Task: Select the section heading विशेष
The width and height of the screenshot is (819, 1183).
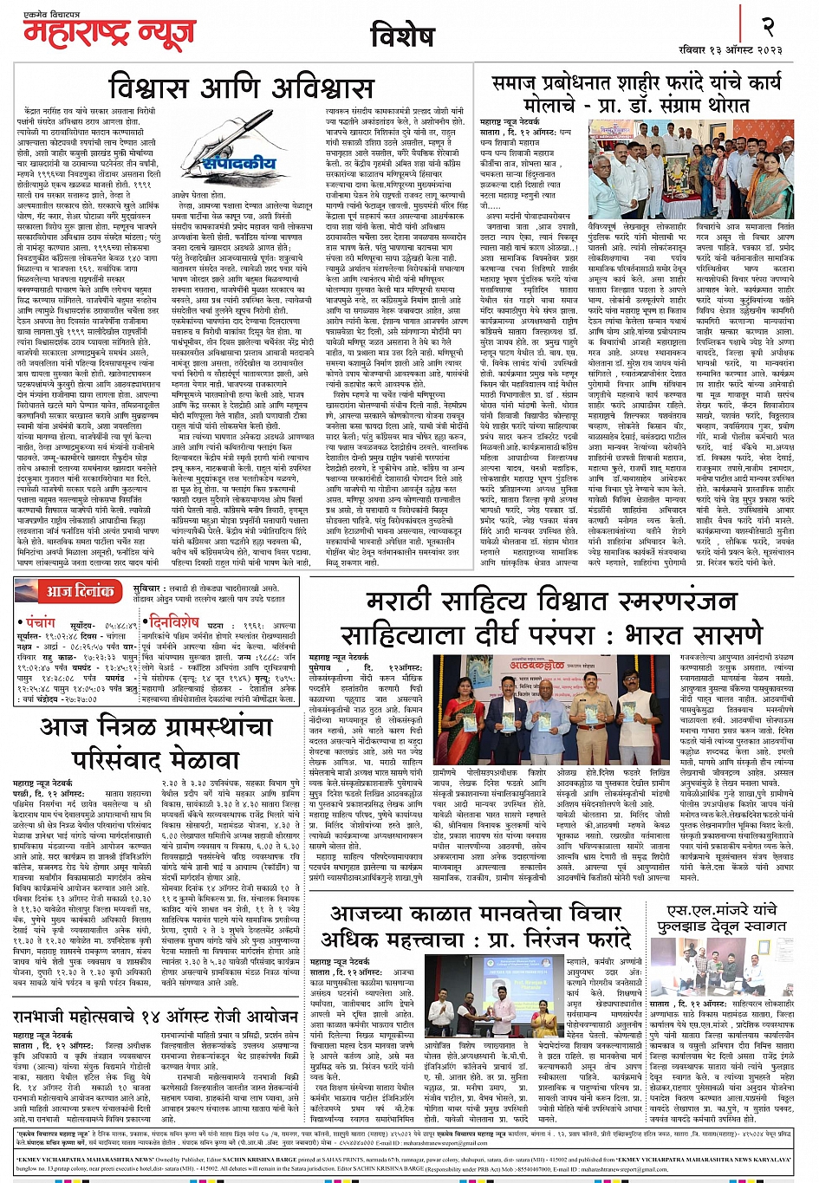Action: pos(401,36)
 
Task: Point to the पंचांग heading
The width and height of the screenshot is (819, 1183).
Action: pos(40,621)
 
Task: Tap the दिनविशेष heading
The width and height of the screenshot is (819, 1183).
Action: pos(173,621)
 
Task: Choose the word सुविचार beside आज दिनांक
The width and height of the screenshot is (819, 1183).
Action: pos(147,588)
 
